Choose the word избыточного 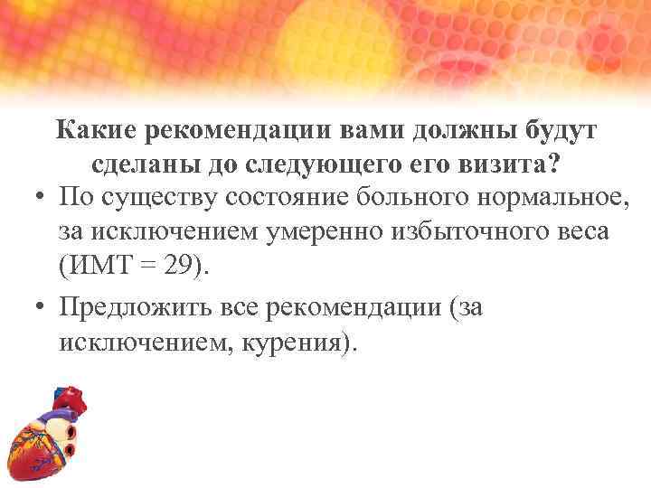click(469, 232)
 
